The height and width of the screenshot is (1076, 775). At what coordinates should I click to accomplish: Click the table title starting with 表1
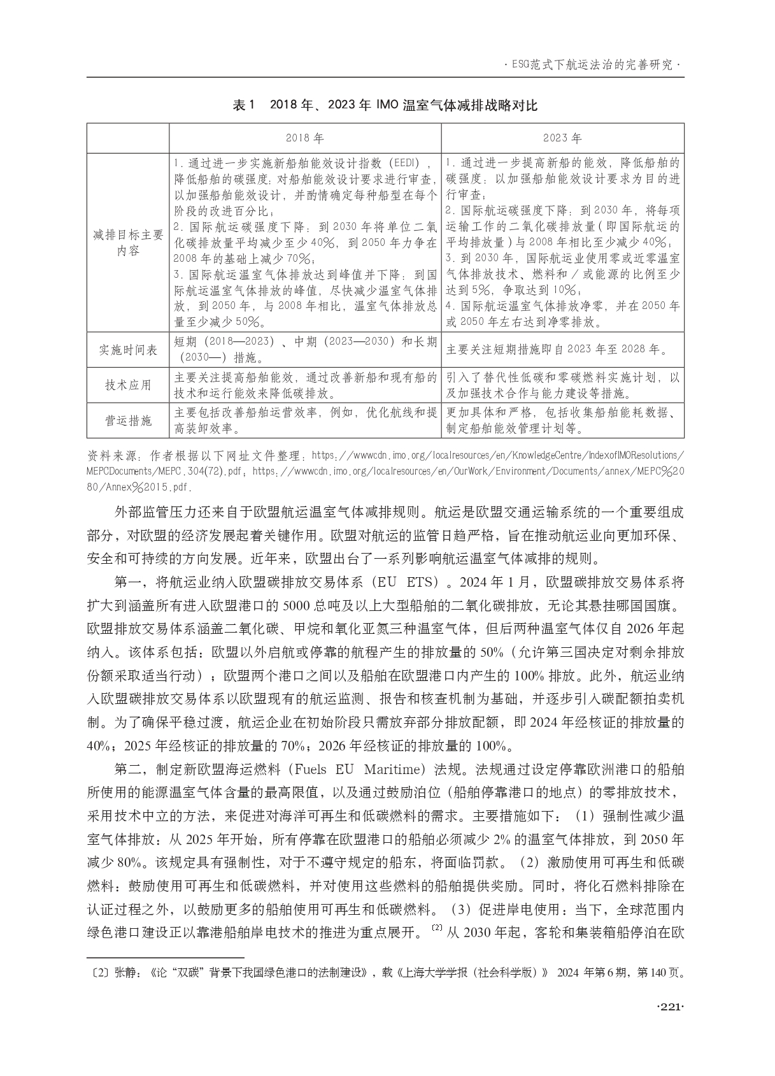385,105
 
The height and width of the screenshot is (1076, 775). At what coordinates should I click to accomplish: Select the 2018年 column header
304,138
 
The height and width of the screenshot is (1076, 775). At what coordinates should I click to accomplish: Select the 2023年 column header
562,138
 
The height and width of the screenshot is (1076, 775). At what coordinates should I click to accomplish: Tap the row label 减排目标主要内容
128,243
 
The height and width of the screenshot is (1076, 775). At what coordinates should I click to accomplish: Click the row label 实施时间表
128,350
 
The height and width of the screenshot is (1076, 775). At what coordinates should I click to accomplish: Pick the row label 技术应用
128,385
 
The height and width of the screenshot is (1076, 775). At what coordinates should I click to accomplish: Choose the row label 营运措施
128,420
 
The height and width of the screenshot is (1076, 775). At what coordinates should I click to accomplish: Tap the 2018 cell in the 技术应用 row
304,385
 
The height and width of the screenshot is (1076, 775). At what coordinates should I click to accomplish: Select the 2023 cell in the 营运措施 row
562,420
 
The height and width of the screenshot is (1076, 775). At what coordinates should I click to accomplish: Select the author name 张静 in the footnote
124,973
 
